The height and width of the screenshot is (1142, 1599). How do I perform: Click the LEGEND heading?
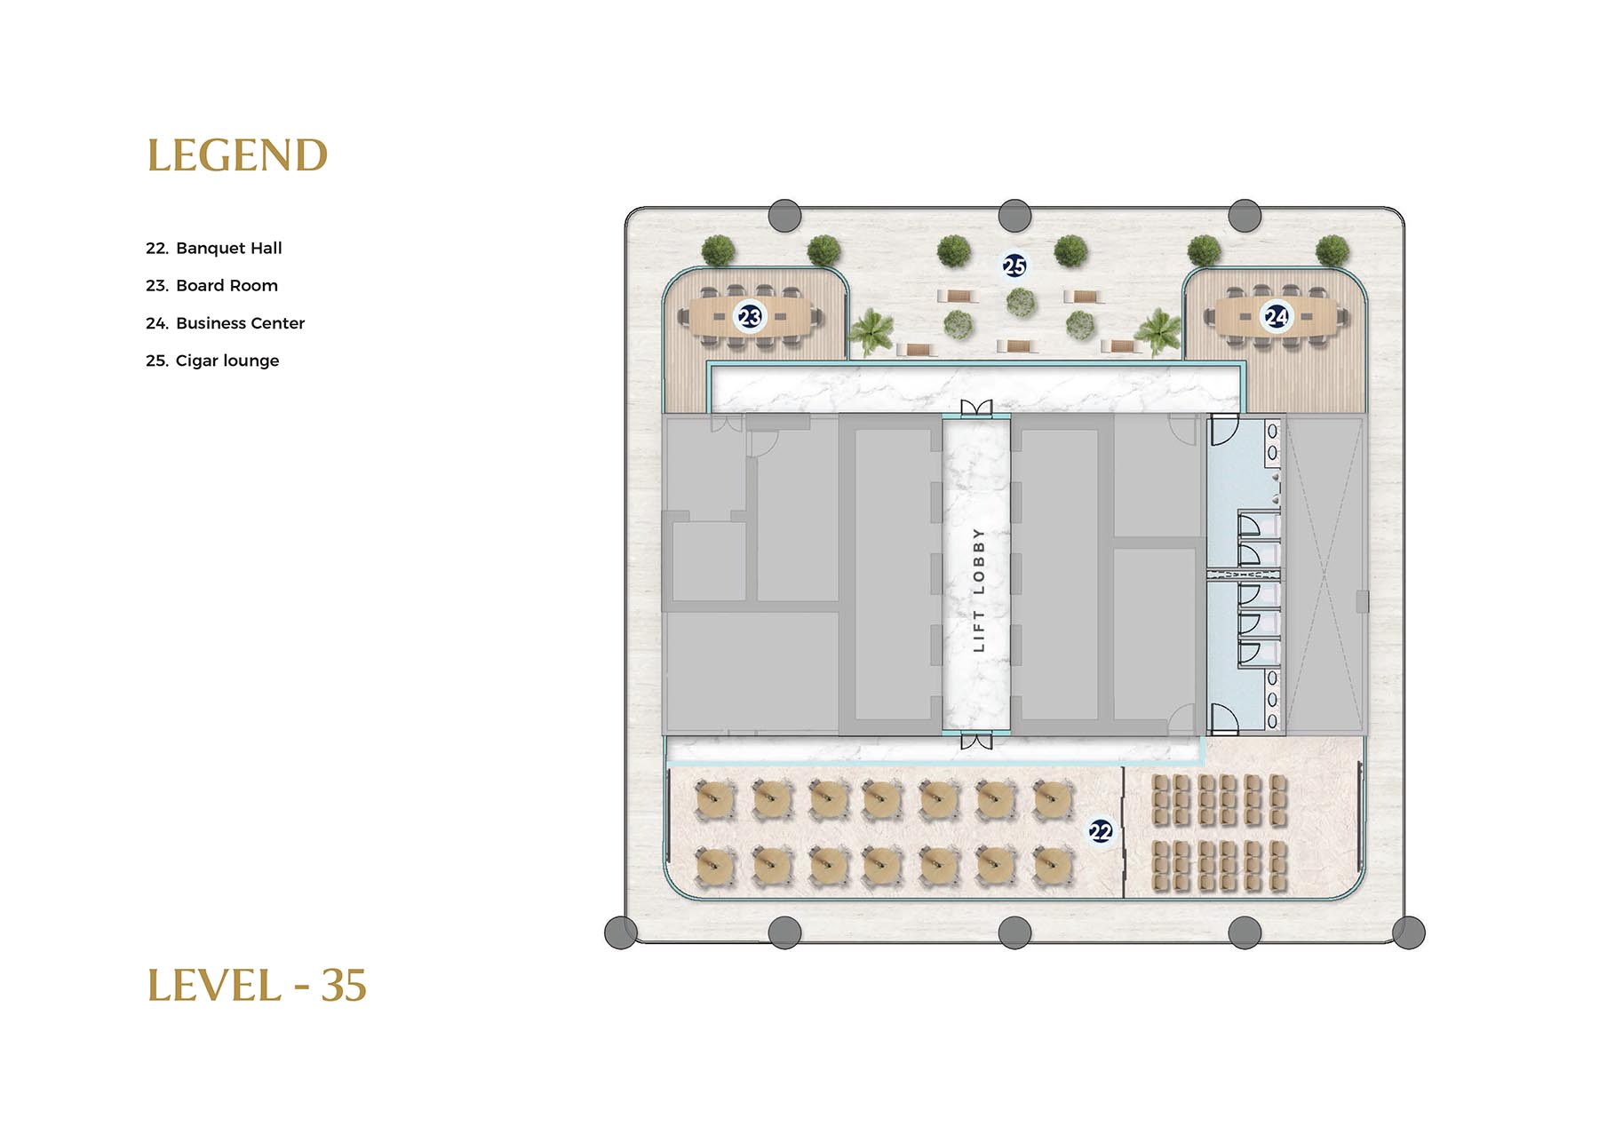pyautogui.click(x=237, y=155)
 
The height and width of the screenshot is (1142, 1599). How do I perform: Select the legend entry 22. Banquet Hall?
pyautogui.click(x=214, y=248)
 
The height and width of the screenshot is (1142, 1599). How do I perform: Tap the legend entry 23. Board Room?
pyautogui.click(x=211, y=285)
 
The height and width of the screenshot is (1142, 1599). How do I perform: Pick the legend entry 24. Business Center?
pyautogui.click(x=225, y=323)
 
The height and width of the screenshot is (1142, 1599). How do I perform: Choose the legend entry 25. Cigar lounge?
pyautogui.click(x=212, y=361)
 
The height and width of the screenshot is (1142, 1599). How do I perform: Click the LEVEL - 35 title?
pyautogui.click(x=257, y=986)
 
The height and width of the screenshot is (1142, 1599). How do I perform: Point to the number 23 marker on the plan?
pyautogui.click(x=750, y=316)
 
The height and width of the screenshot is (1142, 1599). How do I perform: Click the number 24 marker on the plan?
pyautogui.click(x=1277, y=316)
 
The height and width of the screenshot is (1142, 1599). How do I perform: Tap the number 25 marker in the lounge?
pyautogui.click(x=1014, y=266)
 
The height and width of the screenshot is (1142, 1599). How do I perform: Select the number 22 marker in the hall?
pyautogui.click(x=1101, y=831)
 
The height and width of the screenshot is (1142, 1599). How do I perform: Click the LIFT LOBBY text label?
pyautogui.click(x=978, y=591)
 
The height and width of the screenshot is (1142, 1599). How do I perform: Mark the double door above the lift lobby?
pyautogui.click(x=976, y=408)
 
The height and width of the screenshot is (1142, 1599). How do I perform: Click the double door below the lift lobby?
pyautogui.click(x=976, y=741)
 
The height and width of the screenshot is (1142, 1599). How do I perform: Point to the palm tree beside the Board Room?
pyautogui.click(x=871, y=331)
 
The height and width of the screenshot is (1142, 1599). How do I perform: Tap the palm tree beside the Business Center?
pyautogui.click(x=1158, y=331)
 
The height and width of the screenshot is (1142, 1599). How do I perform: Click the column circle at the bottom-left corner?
pyautogui.click(x=621, y=932)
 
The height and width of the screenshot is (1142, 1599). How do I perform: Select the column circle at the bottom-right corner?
pyautogui.click(x=1409, y=932)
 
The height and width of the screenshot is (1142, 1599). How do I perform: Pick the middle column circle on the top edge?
pyautogui.click(x=1014, y=216)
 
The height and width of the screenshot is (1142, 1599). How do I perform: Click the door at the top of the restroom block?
pyautogui.click(x=1223, y=431)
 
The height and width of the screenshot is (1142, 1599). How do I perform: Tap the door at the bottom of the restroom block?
pyautogui.click(x=1223, y=718)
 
